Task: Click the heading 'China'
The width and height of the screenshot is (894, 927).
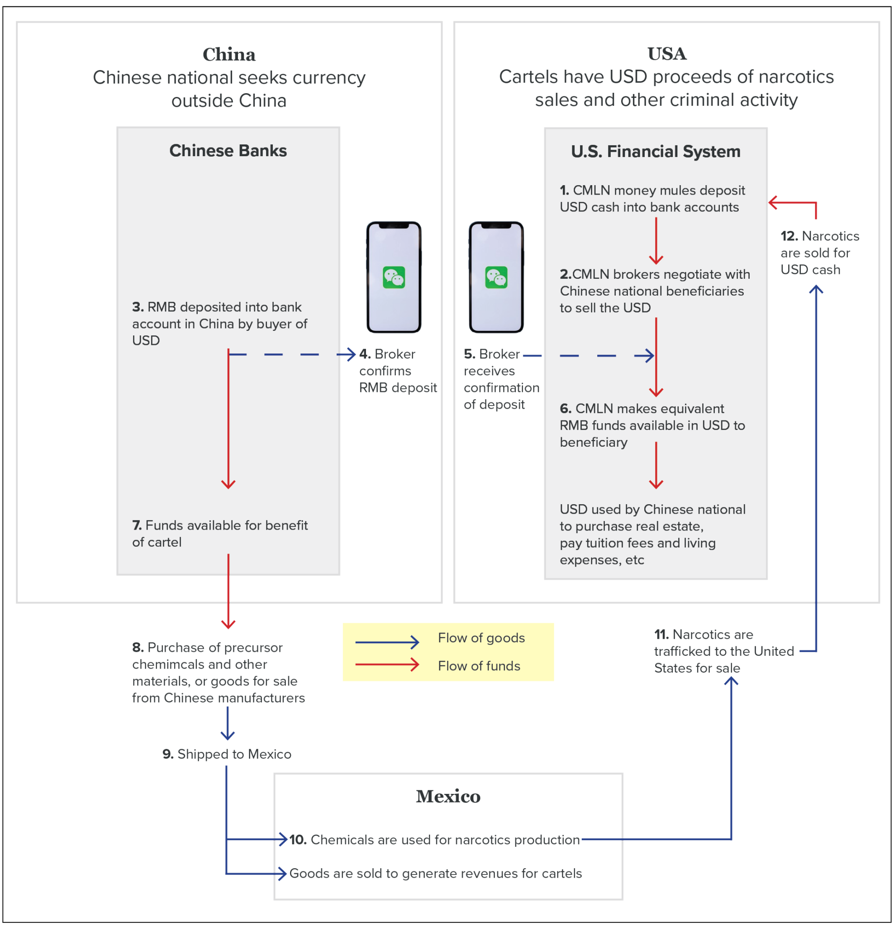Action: (x=229, y=54)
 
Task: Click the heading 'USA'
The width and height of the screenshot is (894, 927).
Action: (x=666, y=54)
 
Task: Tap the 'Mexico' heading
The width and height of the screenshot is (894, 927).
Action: (x=448, y=797)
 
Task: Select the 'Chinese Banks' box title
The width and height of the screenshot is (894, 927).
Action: (x=228, y=150)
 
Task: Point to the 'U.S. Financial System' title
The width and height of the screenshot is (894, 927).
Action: (x=655, y=151)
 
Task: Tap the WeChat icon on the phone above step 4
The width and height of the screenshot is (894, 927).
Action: (x=394, y=277)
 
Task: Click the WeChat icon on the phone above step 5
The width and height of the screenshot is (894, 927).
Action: (x=496, y=277)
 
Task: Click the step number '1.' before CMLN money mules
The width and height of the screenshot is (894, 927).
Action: (x=565, y=190)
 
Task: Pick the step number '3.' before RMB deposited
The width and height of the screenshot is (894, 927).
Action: (x=138, y=307)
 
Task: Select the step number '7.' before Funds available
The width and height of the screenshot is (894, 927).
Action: (x=137, y=525)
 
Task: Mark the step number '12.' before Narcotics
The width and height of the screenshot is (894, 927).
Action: (x=789, y=235)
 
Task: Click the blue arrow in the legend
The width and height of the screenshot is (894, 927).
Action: (x=387, y=642)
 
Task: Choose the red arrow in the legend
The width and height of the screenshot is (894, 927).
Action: (x=387, y=664)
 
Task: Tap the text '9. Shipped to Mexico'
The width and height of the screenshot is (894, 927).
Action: (x=227, y=754)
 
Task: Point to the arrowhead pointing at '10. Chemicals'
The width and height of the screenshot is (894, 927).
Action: (x=283, y=840)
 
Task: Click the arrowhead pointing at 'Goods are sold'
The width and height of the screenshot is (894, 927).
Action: (x=282, y=873)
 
